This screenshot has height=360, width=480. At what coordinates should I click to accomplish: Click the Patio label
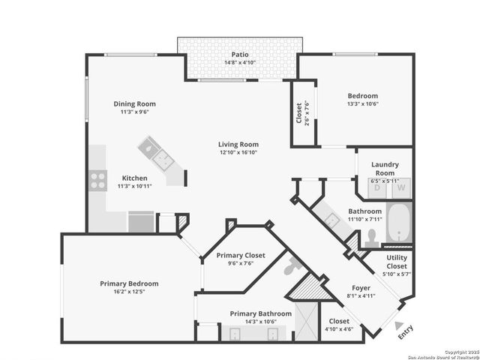pos(239,54)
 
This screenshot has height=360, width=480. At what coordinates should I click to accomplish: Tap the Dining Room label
pos(134,103)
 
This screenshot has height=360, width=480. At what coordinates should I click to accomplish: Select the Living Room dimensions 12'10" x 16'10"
pos(238,152)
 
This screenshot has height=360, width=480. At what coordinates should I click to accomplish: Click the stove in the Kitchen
pos(97,179)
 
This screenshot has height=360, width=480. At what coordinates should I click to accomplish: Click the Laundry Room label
pos(385,168)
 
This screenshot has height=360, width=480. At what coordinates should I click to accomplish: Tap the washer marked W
pos(402,187)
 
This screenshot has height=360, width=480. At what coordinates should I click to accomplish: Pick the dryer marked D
pos(377,187)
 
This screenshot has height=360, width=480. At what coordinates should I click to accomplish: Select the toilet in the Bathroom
pos(370,238)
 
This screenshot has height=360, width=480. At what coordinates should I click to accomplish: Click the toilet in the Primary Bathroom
pos(293,266)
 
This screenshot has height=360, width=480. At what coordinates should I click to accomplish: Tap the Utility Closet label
pos(397,262)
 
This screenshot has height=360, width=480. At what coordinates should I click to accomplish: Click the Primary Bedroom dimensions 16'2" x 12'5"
pos(130,292)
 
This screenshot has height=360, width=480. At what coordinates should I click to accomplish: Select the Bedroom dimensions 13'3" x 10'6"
pos(362,104)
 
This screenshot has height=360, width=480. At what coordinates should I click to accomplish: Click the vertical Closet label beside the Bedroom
pos(298,113)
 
